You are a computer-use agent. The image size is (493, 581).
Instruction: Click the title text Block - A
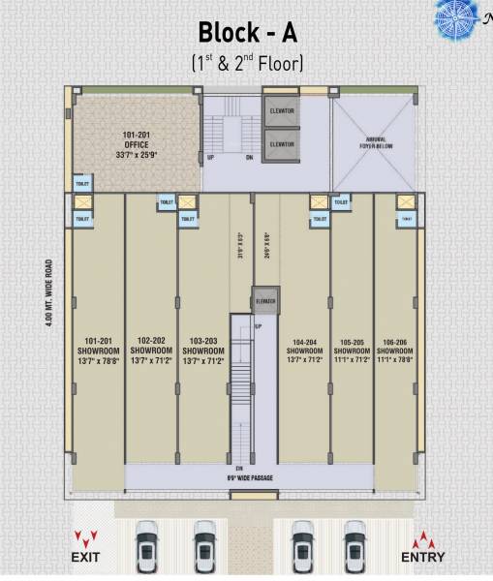coord(246,32)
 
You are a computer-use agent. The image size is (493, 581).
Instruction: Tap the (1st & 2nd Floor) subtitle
coord(246,64)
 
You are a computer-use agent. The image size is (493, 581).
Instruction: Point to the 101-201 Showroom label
coord(99,352)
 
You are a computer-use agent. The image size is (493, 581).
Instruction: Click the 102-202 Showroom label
coord(151,352)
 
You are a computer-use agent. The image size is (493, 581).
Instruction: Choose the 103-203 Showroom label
coord(202,352)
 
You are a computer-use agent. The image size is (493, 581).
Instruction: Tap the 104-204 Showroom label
coord(304,352)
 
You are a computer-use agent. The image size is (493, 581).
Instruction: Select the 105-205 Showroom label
coord(355,352)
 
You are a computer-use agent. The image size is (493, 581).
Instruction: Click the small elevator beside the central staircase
coord(265,302)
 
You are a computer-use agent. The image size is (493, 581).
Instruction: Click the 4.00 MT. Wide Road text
coord(48,291)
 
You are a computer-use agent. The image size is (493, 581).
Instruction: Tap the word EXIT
coord(85,557)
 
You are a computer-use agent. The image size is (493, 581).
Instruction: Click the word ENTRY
coord(422,557)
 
